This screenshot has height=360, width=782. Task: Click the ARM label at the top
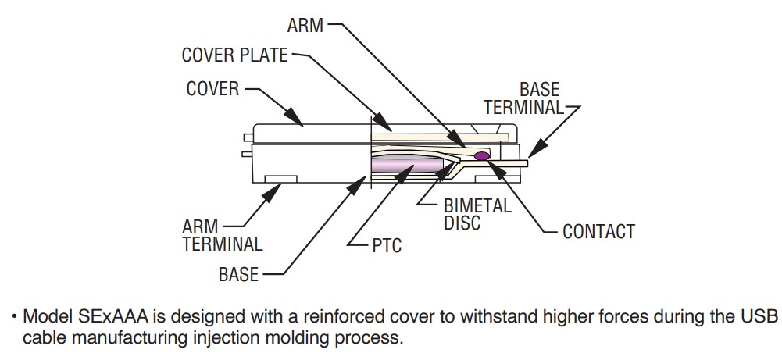click(x=305, y=26)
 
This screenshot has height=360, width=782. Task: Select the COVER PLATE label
click(x=234, y=55)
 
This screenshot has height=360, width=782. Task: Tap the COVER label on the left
click(x=212, y=89)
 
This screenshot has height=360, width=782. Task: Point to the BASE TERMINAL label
click(x=523, y=99)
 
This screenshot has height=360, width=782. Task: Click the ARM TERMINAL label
click(x=223, y=235)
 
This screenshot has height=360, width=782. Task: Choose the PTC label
click(x=386, y=246)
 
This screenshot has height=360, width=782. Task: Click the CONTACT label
click(x=598, y=232)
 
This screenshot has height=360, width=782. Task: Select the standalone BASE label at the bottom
click(x=239, y=274)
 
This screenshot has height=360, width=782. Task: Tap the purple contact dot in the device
click(x=482, y=156)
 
